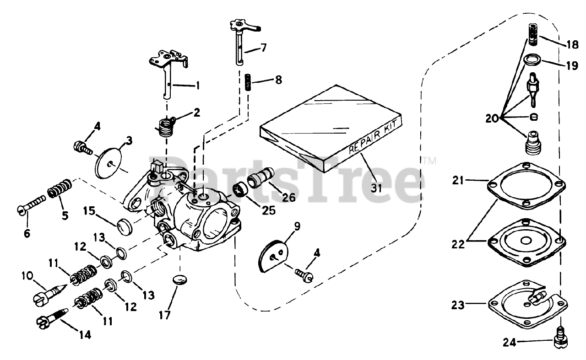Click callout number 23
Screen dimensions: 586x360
tap(458, 304)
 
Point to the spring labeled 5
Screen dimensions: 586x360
tap(60, 188)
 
